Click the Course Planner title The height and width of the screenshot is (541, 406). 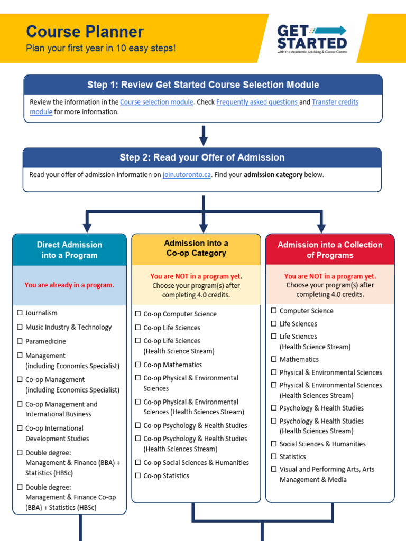[85, 32]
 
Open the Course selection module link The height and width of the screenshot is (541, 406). [157, 102]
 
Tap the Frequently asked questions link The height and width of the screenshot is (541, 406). [257, 102]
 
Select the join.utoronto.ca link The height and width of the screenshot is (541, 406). [187, 175]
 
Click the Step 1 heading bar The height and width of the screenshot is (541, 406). [203, 85]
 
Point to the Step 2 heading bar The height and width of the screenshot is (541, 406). [202, 157]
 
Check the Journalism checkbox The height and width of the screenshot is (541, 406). [20, 313]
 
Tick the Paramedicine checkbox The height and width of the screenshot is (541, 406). [20, 342]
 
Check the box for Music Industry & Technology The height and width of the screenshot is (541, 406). [20, 328]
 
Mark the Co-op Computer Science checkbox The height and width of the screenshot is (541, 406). [138, 314]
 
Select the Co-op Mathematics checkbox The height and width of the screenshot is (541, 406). [138, 365]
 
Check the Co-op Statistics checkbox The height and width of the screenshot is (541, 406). [138, 476]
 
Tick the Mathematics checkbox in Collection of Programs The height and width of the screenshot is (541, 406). [274, 360]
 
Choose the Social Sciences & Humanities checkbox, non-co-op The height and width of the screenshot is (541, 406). [274, 444]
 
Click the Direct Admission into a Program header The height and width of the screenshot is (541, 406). [70, 250]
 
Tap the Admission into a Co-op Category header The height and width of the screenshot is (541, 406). [196, 248]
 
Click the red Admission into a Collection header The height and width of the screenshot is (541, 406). [330, 250]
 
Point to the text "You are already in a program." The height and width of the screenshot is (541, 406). [69, 285]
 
